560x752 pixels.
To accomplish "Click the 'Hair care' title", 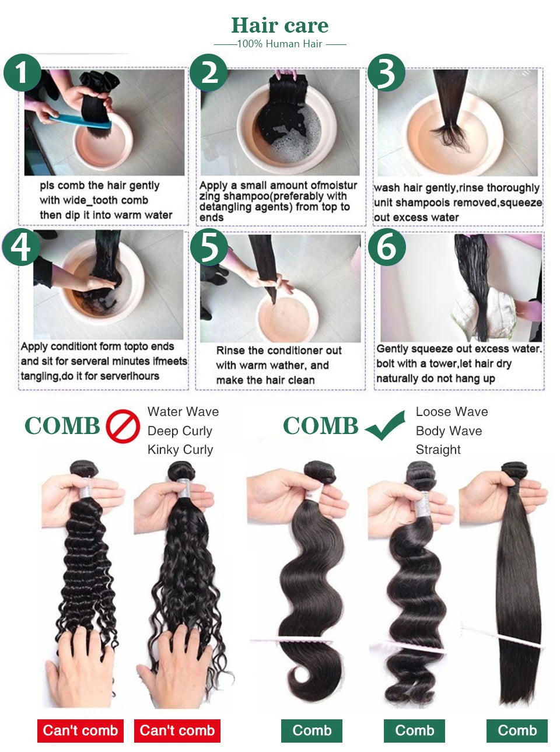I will (279, 25).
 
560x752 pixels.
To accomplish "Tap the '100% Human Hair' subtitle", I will (279, 44).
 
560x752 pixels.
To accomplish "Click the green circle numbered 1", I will (22, 74).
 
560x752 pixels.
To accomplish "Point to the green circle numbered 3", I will (385, 73).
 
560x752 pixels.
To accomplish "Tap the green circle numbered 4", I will (21, 247).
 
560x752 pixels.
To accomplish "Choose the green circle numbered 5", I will (209, 247).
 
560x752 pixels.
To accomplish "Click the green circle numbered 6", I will (387, 247).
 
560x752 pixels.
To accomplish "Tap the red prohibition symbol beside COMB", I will (123, 426).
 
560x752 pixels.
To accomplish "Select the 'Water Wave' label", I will (183, 412).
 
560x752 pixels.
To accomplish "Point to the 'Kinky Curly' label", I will (180, 450).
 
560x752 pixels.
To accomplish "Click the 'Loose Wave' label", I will (452, 412).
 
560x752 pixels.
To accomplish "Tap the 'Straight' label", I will (438, 450).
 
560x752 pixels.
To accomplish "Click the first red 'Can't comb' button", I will (80, 730).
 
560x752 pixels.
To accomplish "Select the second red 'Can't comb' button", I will (177, 730).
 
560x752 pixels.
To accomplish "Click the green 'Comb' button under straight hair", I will (517, 730).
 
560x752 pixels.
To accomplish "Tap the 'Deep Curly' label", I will (180, 431).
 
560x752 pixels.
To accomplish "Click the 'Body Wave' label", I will (449, 431).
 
